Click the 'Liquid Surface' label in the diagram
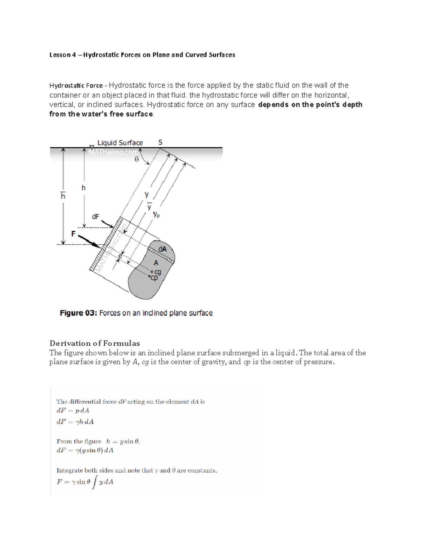tap(120, 143)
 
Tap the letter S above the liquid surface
tap(160, 142)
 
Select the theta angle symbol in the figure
tap(137, 159)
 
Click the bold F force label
tap(73, 233)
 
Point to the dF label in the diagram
tap(95, 217)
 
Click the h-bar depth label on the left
tap(63, 195)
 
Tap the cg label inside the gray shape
tap(158, 272)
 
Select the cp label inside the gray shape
tap(154, 278)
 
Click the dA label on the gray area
tap(162, 249)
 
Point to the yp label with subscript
tap(156, 214)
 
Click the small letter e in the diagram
tap(120, 256)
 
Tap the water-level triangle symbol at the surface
tap(92, 147)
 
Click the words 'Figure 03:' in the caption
tap(78, 313)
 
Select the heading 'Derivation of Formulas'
tap(95, 343)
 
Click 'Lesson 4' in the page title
tap(62, 55)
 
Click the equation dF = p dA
tap(73, 411)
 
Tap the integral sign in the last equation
tap(94, 482)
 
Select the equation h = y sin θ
tap(123, 441)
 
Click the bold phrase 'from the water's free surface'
tap(101, 114)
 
